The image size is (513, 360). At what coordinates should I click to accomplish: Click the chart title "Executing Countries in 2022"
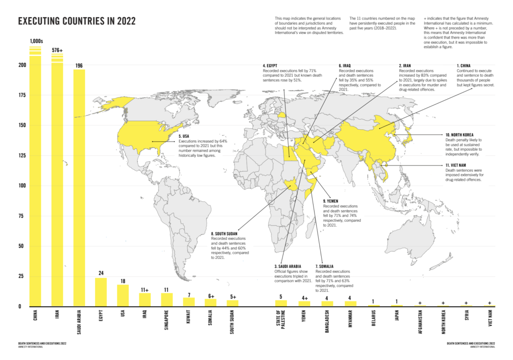[77, 21]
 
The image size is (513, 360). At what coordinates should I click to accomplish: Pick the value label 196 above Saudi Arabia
[79, 66]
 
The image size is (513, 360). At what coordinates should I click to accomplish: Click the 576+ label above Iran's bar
[57, 50]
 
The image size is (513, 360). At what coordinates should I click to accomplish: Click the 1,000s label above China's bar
[36, 41]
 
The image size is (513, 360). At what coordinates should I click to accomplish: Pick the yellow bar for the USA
[123, 295]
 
